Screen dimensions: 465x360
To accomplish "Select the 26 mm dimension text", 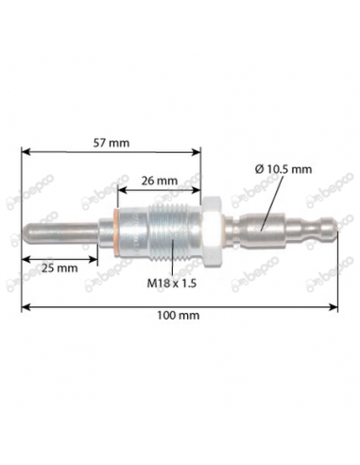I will click(x=159, y=180).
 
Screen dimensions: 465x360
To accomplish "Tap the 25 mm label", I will click(x=60, y=267).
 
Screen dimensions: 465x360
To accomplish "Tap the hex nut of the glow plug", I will click(x=214, y=230).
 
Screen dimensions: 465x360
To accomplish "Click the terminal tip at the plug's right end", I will click(x=331, y=230).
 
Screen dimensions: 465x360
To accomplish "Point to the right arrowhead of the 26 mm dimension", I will click(x=200, y=189).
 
